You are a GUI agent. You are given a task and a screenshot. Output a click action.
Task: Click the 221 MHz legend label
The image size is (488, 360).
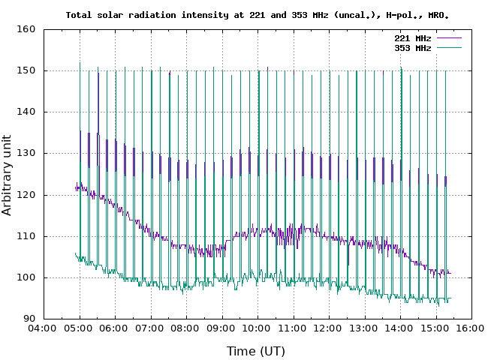[412, 37]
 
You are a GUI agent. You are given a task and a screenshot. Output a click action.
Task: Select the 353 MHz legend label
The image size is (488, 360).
[412, 47]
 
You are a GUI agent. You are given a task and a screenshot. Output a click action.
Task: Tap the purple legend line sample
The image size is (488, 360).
[447, 37]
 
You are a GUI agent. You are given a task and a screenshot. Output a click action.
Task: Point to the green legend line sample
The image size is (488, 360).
[447, 47]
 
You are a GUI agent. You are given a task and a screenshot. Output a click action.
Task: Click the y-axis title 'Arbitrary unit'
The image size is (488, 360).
[8, 175]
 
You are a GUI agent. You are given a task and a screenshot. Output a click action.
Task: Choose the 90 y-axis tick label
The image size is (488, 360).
[30, 319]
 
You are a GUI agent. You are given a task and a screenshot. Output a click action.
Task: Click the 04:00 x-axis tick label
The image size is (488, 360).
[44, 328]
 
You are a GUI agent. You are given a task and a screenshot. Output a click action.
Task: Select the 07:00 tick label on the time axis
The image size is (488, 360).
[150, 328]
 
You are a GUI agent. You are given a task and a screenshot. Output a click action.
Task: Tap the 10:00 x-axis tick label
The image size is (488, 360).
[258, 328]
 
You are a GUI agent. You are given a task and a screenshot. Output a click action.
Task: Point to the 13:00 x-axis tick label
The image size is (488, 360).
[364, 328]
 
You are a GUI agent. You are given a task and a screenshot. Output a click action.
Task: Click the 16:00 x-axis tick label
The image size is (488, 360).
[471, 328]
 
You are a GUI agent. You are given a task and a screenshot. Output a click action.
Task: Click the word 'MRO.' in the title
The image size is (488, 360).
[447, 14]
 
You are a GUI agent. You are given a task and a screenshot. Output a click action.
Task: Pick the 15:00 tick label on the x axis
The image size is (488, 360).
[435, 328]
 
